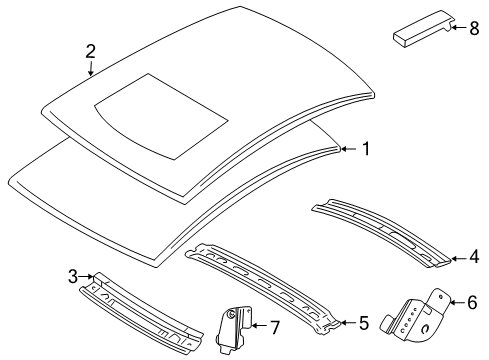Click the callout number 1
click(x=366, y=150)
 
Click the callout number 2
click(x=91, y=51)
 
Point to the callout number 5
click(x=364, y=323)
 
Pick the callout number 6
click(x=474, y=300)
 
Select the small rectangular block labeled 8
click(x=418, y=34)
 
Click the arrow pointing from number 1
click(x=349, y=150)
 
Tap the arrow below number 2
click(x=91, y=70)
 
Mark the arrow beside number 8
click(x=456, y=28)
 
